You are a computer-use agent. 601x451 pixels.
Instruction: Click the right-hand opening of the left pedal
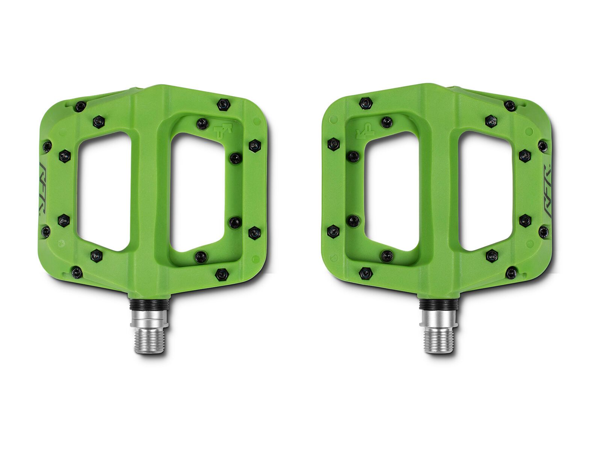pos(198,192)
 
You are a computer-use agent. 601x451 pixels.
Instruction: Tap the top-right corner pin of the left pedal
pos(224,104)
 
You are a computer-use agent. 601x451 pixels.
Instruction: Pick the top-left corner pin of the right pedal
pos(365,103)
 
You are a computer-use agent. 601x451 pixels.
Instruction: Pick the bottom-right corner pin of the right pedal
pos(511,272)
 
